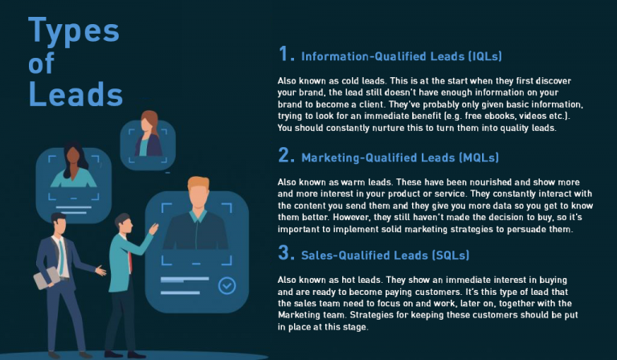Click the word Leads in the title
(76, 93)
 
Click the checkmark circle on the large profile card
(227, 285)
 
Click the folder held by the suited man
(46, 278)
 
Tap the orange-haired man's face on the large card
(198, 200)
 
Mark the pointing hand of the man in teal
(153, 229)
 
